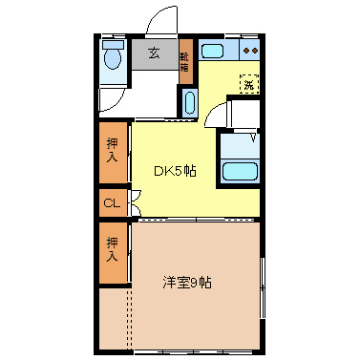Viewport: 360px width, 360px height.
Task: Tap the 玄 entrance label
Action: tap(154, 53)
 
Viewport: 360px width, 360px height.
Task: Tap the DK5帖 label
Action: tap(176, 171)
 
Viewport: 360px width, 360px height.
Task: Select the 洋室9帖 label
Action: tap(187, 283)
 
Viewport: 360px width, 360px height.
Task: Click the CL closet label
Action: tap(112, 203)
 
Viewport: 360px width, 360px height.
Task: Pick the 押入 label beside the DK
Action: tap(112, 149)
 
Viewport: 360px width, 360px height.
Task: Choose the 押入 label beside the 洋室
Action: tap(112, 250)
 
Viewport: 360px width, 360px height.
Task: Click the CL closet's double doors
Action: tap(135, 203)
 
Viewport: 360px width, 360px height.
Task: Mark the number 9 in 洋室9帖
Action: tap(194, 283)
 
